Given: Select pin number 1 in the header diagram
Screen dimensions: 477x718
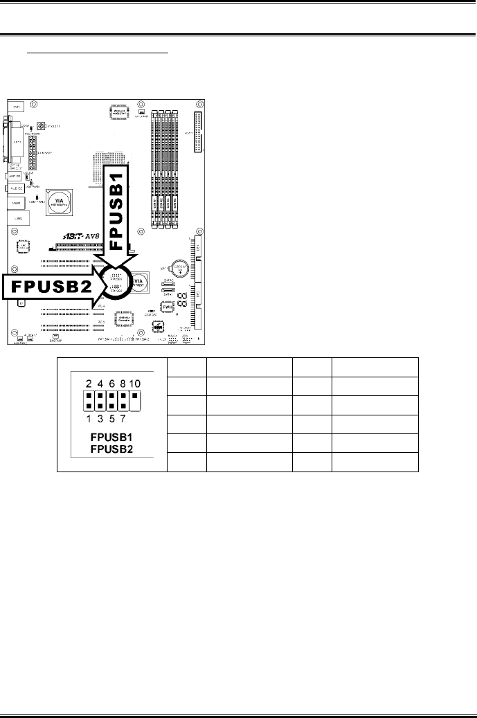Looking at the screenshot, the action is [x=89, y=418].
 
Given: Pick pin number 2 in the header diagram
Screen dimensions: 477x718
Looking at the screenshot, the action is [x=89, y=383].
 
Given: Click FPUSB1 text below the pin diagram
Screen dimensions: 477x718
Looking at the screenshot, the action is [x=112, y=438].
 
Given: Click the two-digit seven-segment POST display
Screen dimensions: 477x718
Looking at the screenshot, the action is [x=182, y=298].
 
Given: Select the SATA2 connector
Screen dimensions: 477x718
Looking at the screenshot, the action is [x=167, y=284].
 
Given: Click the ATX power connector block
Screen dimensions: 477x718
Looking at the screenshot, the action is [x=198, y=132].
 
